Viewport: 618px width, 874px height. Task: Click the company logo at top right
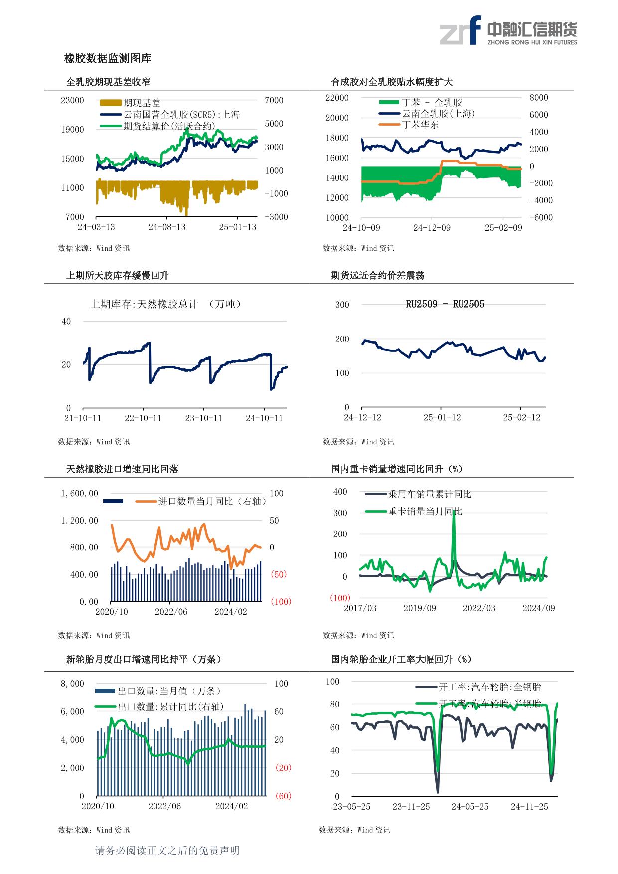(x=508, y=30)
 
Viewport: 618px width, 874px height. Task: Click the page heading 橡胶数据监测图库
(x=108, y=59)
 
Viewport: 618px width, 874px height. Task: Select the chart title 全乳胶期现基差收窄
(x=108, y=82)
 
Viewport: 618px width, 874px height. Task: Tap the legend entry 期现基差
(x=142, y=103)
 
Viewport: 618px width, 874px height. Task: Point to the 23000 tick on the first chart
(x=72, y=100)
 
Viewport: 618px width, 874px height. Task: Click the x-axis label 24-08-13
(x=166, y=227)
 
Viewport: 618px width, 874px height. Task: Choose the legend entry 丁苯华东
(x=420, y=125)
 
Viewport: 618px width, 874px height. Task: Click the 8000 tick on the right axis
(x=538, y=98)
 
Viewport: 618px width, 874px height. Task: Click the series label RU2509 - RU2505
(x=445, y=304)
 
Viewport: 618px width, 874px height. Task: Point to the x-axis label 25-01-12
(x=442, y=417)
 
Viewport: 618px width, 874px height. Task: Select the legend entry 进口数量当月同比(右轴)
(x=212, y=501)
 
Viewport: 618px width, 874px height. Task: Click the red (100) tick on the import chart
(x=281, y=602)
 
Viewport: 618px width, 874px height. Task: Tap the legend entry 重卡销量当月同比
(x=425, y=511)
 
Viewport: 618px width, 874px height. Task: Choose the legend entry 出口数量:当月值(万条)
(x=169, y=691)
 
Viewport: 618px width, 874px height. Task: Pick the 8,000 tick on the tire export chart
(x=72, y=684)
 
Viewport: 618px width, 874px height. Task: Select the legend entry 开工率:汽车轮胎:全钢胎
(x=489, y=687)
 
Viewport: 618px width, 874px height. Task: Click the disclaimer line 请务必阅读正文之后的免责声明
(x=167, y=851)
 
